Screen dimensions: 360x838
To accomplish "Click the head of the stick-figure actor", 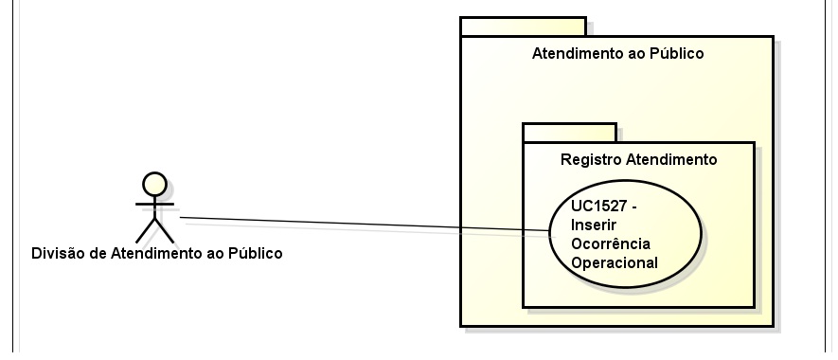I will pyautogui.click(x=154, y=184).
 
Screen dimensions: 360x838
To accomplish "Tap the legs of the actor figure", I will pyautogui.click(x=154, y=230).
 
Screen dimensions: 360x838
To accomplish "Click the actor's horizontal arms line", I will pyautogui.click(x=154, y=203).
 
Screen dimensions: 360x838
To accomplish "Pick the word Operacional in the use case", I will pyautogui.click(x=615, y=263).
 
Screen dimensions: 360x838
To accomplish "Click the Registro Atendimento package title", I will pyautogui.click(x=638, y=159).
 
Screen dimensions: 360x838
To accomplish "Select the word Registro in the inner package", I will pyautogui.click(x=588, y=159).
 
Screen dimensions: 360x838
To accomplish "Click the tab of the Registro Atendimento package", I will pyautogui.click(x=569, y=132).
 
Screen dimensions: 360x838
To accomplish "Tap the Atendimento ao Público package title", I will pyautogui.click(x=618, y=53).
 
